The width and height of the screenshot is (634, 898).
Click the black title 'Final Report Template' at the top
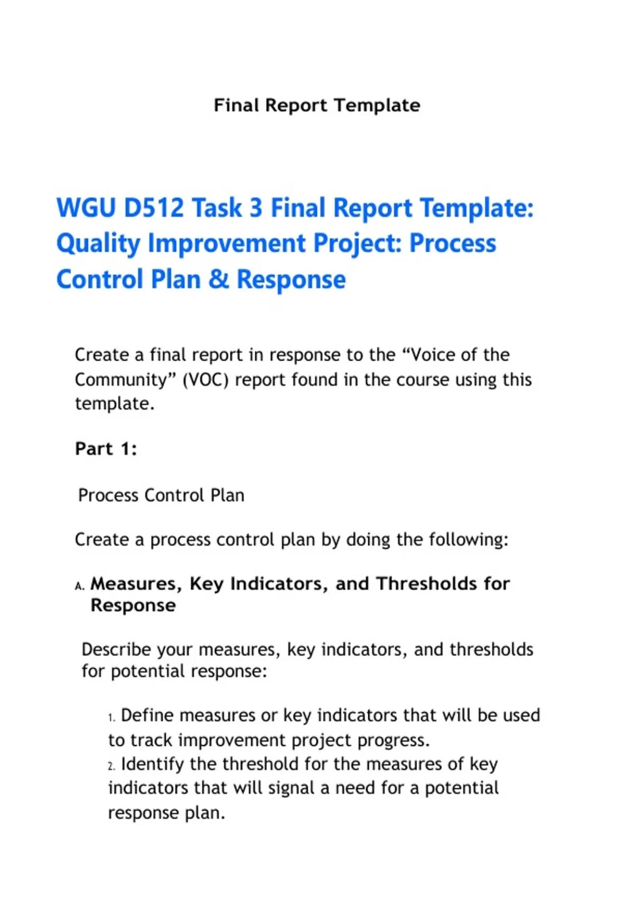click(317, 106)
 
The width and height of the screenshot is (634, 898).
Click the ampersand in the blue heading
click(219, 279)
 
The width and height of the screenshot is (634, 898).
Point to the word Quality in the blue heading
click(98, 244)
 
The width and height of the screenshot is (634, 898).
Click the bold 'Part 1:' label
click(106, 448)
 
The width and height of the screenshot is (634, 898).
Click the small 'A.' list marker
click(80, 586)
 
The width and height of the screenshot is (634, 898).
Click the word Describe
click(116, 649)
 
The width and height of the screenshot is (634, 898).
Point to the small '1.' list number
click(112, 717)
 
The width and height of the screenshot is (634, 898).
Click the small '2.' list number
click(112, 766)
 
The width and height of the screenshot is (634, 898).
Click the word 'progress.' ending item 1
click(394, 741)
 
